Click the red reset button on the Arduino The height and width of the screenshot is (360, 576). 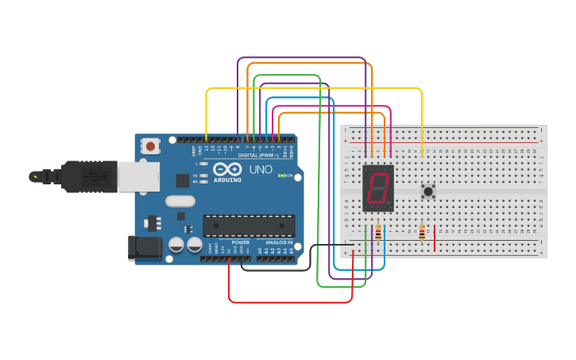pyautogui.click(x=150, y=146)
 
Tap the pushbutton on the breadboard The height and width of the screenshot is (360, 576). pyautogui.click(x=428, y=191)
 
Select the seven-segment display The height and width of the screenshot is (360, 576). pyautogui.click(x=378, y=188)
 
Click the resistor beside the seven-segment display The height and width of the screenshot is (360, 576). pyautogui.click(x=377, y=233)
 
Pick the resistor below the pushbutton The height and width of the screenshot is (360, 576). pyautogui.click(x=421, y=232)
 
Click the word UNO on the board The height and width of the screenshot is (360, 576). pyautogui.click(x=261, y=169)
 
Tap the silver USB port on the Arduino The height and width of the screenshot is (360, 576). pyautogui.click(x=138, y=176)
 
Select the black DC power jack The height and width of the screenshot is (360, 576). pyautogui.click(x=145, y=248)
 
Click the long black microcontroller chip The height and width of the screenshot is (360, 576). pyautogui.click(x=249, y=226)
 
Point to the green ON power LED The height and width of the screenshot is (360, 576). pyautogui.click(x=280, y=175)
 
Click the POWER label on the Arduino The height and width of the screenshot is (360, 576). pyautogui.click(x=240, y=242)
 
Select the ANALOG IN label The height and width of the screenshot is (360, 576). pyautogui.click(x=278, y=242)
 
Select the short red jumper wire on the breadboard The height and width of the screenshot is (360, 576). pyautogui.click(x=435, y=238)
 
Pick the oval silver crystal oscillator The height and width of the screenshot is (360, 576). pyautogui.click(x=180, y=201)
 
